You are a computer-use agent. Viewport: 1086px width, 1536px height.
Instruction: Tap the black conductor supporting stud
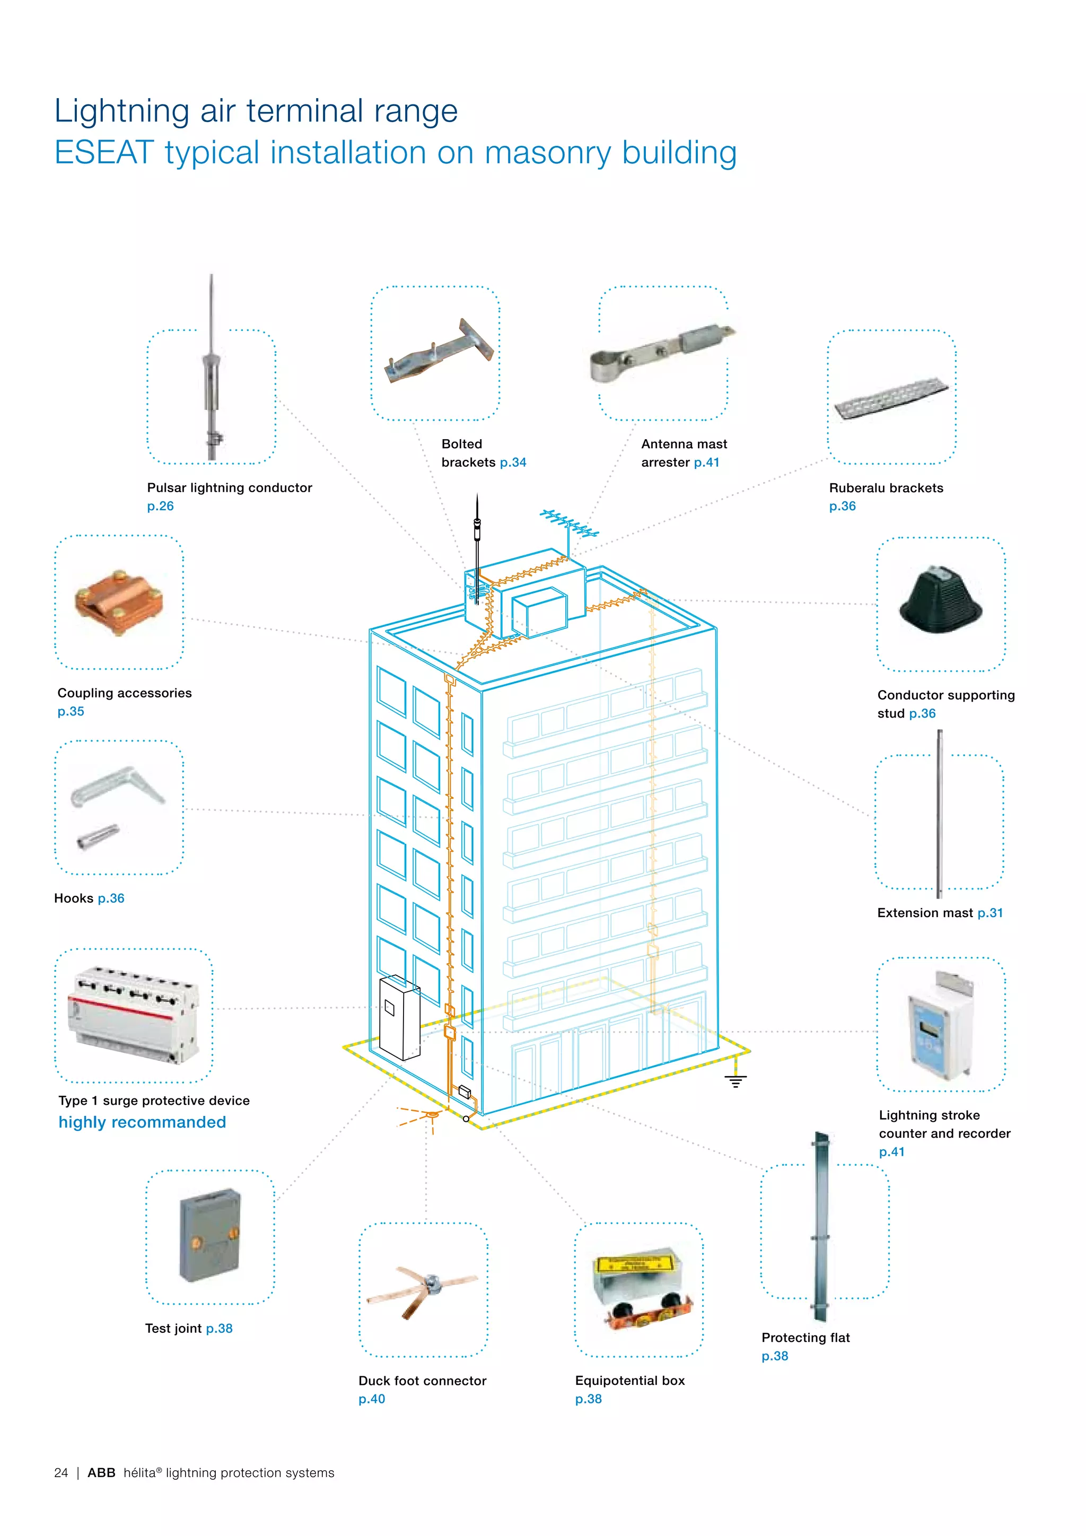tap(940, 600)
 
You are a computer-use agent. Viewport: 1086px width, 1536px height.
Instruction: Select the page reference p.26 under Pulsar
tap(161, 506)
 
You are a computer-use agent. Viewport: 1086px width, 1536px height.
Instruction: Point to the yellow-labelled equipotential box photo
tap(641, 1288)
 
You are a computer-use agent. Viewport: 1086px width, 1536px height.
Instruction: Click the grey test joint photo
tap(210, 1235)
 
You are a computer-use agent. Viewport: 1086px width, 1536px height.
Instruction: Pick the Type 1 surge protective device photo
tap(133, 1015)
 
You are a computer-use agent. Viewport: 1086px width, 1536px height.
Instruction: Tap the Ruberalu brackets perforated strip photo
tap(891, 399)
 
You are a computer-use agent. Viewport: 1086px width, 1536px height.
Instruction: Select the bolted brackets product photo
tap(439, 353)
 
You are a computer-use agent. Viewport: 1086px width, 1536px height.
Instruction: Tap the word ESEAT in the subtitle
tap(104, 153)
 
